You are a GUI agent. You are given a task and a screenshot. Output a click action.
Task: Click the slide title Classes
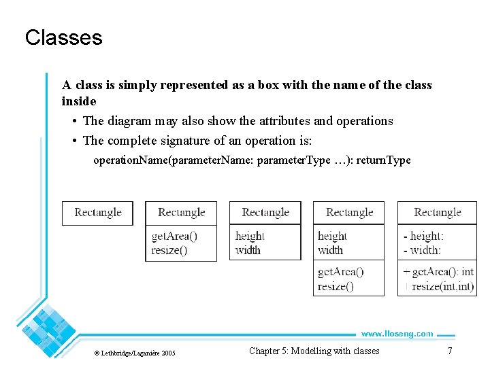point(63,37)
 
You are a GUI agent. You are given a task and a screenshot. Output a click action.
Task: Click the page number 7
point(449,351)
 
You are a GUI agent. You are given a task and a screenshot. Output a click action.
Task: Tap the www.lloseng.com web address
point(397,334)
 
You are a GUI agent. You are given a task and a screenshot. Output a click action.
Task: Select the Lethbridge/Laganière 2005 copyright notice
point(134,353)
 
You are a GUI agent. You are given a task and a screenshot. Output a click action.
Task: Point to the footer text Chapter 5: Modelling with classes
point(314,351)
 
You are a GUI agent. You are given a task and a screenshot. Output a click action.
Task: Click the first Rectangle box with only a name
point(97,213)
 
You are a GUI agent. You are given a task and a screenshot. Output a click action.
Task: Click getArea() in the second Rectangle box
point(174,237)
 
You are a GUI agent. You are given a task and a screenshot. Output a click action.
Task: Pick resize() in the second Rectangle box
point(169,250)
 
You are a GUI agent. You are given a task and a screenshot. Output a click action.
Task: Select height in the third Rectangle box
point(250,237)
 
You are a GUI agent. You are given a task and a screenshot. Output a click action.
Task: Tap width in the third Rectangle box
point(248,250)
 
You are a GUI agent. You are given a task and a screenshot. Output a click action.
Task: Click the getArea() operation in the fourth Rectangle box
point(341,272)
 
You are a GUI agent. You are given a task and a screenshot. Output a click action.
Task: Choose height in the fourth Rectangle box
point(332,237)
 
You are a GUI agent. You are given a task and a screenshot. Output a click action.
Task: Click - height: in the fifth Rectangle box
point(423,237)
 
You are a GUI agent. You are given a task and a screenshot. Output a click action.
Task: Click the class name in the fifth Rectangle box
point(437,213)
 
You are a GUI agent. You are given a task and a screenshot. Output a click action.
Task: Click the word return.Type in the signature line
point(384,161)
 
